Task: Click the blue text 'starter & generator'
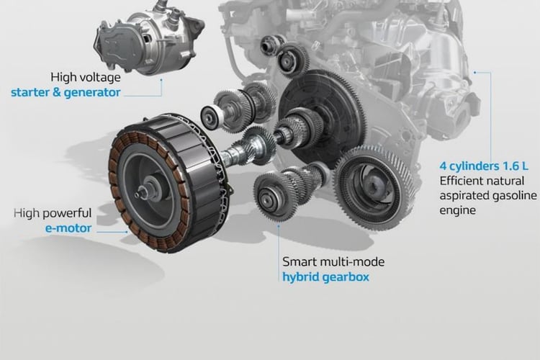click(66, 93)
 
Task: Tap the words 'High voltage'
click(86, 77)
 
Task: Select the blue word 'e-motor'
click(68, 228)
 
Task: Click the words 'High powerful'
click(53, 213)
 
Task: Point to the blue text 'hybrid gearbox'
click(325, 277)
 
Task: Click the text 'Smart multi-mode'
click(333, 262)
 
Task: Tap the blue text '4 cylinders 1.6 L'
click(484, 166)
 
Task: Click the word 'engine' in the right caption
click(458, 210)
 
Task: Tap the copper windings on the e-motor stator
click(117, 179)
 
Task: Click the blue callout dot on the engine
click(475, 72)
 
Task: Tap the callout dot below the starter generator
click(161, 80)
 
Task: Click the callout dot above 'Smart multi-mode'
click(279, 223)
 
